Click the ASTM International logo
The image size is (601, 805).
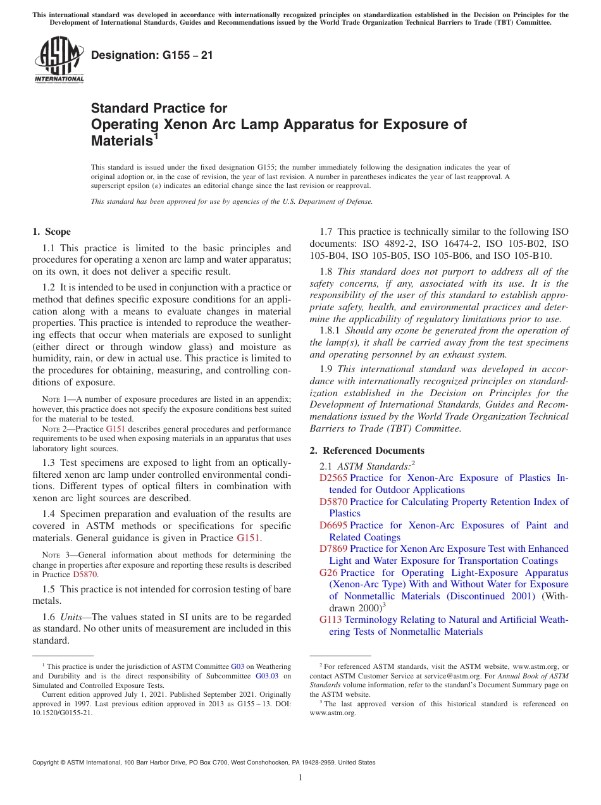(x=59, y=60)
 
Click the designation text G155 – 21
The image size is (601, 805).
(x=152, y=56)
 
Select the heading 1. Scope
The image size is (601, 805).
(x=51, y=232)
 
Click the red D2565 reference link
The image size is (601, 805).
(x=333, y=478)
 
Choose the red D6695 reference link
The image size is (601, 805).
(x=333, y=525)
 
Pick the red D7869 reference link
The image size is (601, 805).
(x=333, y=549)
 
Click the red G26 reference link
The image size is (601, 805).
(x=328, y=573)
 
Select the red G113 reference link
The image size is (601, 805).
(x=331, y=620)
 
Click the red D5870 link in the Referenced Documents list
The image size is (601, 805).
(x=333, y=502)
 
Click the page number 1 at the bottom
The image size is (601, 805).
(x=300, y=778)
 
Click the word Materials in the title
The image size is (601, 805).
(x=120, y=140)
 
